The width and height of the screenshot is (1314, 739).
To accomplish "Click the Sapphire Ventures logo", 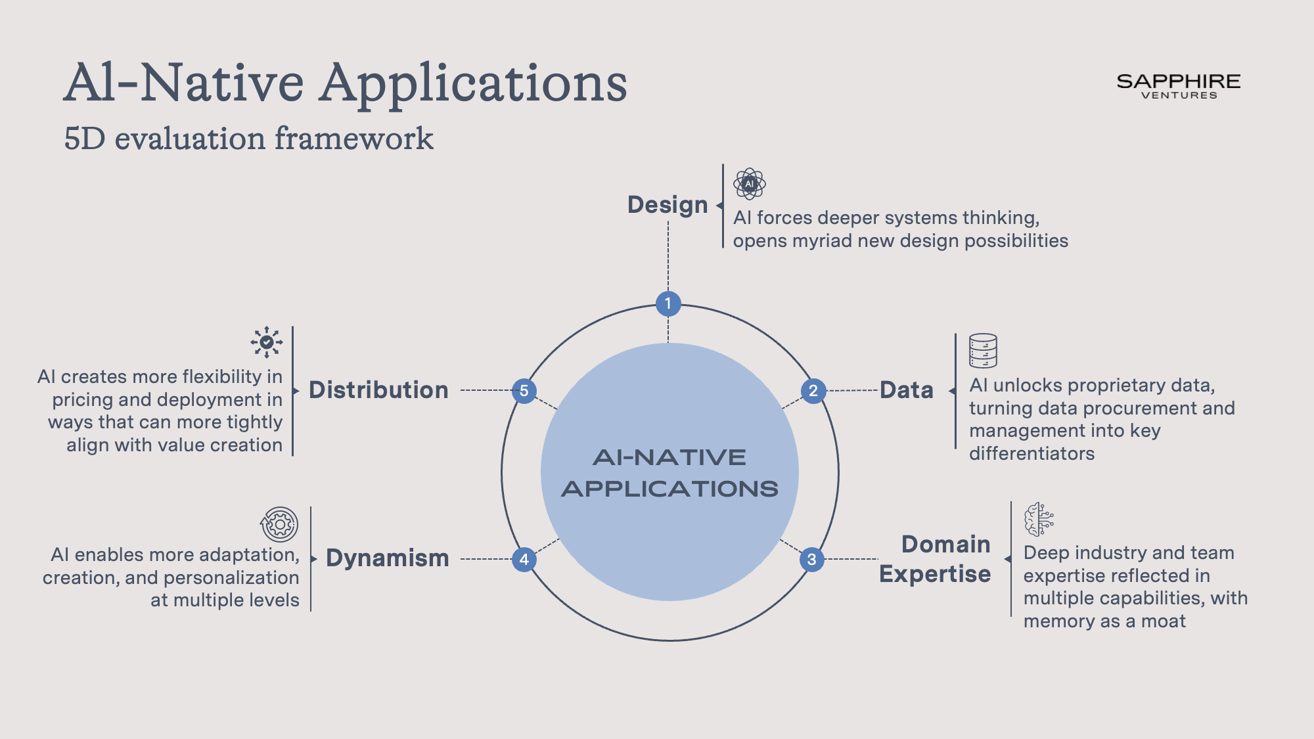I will pyautogui.click(x=1179, y=86).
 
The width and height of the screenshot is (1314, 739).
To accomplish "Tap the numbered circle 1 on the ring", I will pyautogui.click(x=668, y=303).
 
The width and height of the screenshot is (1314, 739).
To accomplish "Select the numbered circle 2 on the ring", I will pyautogui.click(x=813, y=391).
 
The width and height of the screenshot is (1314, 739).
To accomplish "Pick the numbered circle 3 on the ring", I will pyautogui.click(x=812, y=559).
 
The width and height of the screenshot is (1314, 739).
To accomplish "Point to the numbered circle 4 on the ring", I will pyautogui.click(x=524, y=559).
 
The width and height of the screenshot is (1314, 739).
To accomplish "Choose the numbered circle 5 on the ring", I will pyautogui.click(x=524, y=391).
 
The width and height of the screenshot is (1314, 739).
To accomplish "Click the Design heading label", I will pyautogui.click(x=668, y=205).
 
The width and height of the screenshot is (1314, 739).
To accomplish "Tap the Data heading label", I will pyautogui.click(x=906, y=390).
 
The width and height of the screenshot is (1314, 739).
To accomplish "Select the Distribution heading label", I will pyautogui.click(x=378, y=390).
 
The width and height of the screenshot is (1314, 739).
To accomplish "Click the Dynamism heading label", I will pyautogui.click(x=388, y=558).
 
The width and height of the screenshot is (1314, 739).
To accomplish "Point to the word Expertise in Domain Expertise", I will pyautogui.click(x=935, y=574).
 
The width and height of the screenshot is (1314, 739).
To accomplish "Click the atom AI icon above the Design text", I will pyautogui.click(x=750, y=184).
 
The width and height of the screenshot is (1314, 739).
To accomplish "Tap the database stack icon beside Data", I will pyautogui.click(x=983, y=351).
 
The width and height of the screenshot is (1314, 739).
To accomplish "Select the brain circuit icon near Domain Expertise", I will pyautogui.click(x=1039, y=519).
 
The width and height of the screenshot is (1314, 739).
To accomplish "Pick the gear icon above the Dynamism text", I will pyautogui.click(x=280, y=524).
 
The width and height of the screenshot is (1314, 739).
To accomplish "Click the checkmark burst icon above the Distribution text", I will pyautogui.click(x=267, y=342).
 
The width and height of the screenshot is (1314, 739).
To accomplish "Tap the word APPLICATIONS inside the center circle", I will pyautogui.click(x=669, y=489).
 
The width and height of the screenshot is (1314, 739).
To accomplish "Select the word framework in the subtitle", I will pyautogui.click(x=353, y=139).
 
